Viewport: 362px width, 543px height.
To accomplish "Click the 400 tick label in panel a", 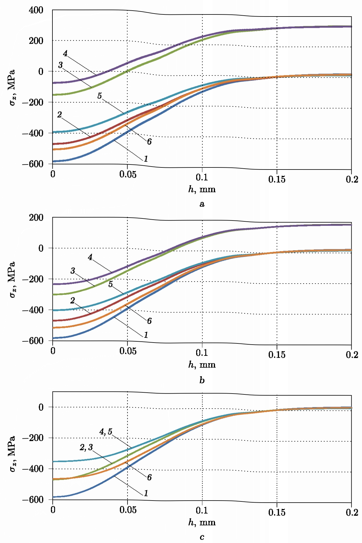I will pos(36,10).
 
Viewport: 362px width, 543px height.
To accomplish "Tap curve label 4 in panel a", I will pos(65,53).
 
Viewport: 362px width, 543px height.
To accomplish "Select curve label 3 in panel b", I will pos(73,271).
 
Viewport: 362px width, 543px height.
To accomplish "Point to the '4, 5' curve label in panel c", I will pos(106,432).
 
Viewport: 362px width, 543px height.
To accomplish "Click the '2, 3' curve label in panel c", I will pos(86,447).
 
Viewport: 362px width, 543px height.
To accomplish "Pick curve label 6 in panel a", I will pos(149,142).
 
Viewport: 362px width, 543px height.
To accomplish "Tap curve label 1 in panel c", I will pos(146,493).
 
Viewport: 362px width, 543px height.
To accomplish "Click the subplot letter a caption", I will pos(202,204).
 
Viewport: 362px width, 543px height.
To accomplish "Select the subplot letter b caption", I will pos(202,380).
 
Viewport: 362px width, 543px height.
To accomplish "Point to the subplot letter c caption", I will pos(202,537).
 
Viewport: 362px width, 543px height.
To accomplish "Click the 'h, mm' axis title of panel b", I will pos(202,365).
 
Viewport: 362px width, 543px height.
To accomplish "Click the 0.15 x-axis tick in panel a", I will pos(277,179).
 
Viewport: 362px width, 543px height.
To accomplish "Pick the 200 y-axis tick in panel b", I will pos(36,218).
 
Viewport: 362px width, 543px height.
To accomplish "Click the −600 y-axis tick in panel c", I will pos(33,500).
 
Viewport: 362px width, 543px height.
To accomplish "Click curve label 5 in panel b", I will pos(110,284).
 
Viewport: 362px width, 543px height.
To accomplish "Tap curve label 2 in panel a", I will pos(59,115).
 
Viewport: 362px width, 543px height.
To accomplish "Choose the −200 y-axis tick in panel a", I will pos(33,102).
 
